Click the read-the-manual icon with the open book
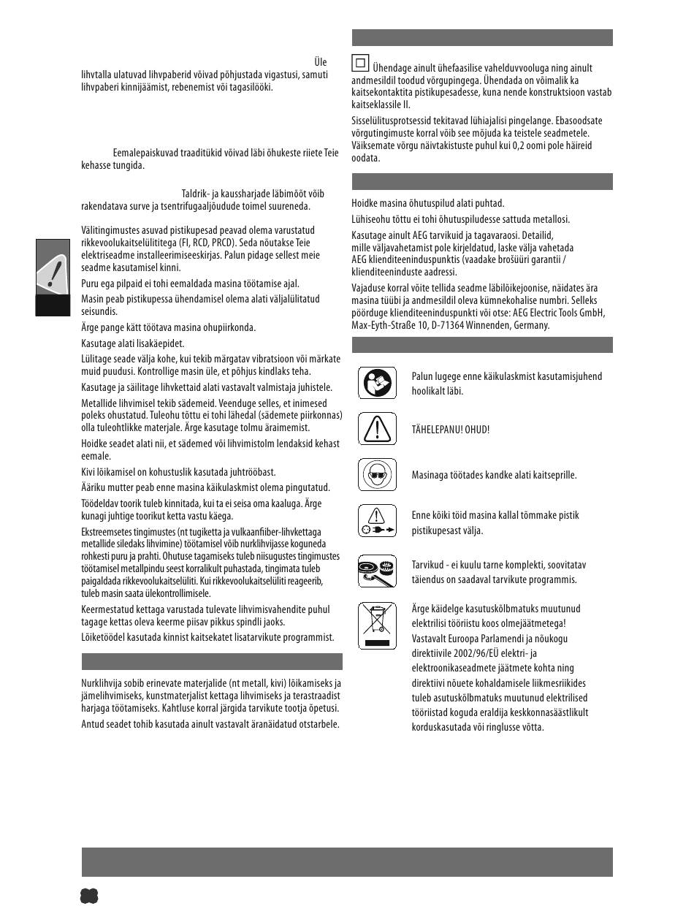377,383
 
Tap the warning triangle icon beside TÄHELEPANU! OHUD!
377,428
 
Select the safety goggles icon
377,474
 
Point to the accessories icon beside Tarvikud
377,571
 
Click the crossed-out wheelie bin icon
377,625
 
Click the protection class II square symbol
360,64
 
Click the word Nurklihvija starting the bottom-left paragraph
102,683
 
